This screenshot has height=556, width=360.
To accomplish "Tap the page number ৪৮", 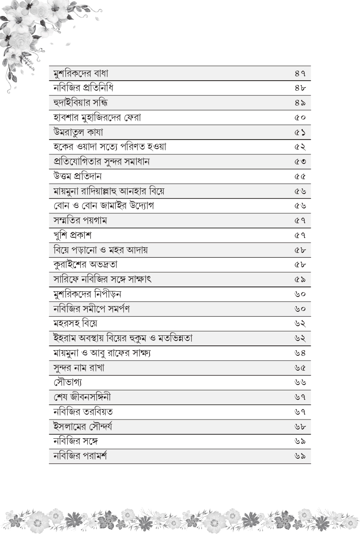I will [x=300, y=88].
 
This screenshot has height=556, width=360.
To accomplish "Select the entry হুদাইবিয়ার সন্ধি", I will [x=80, y=103].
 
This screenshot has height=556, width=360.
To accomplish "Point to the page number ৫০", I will [x=300, y=118].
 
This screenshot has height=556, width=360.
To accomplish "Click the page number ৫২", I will [x=300, y=147].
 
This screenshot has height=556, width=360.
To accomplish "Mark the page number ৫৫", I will [x=300, y=177].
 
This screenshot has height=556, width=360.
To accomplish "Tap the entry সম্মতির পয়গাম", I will [x=80, y=221].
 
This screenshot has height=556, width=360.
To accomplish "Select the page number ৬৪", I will [x=300, y=353].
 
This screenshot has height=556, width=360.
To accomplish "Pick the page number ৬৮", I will [x=300, y=427].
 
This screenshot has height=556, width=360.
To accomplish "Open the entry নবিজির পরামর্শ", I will [x=80, y=456].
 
